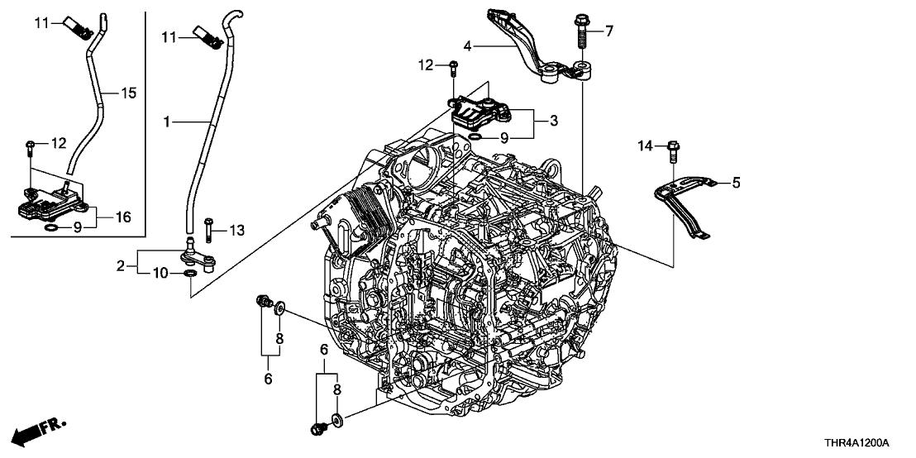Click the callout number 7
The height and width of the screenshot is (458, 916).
pyautogui.click(x=609, y=31)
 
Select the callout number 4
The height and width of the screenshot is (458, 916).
pyautogui.click(x=467, y=46)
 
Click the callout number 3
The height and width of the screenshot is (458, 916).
pyautogui.click(x=554, y=121)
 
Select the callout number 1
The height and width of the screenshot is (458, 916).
pyautogui.click(x=167, y=122)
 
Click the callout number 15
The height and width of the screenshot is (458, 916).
pyautogui.click(x=129, y=93)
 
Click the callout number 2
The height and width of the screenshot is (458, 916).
pyautogui.click(x=121, y=265)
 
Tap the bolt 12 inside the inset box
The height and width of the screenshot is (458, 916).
pyautogui.click(x=31, y=147)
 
